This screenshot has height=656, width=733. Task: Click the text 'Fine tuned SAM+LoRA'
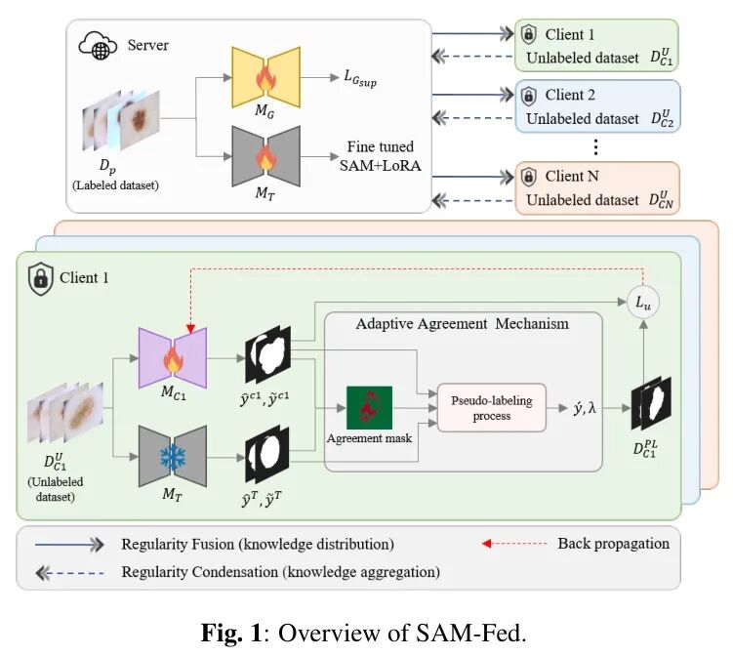click(383, 156)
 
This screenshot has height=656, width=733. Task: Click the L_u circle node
click(643, 306)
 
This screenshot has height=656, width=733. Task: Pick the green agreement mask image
click(369, 408)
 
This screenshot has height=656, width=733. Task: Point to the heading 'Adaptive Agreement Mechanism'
click(463, 324)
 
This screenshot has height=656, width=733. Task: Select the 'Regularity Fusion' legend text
click(257, 544)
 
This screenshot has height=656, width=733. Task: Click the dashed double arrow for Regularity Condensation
click(69, 571)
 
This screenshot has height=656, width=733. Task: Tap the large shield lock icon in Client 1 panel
click(40, 279)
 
